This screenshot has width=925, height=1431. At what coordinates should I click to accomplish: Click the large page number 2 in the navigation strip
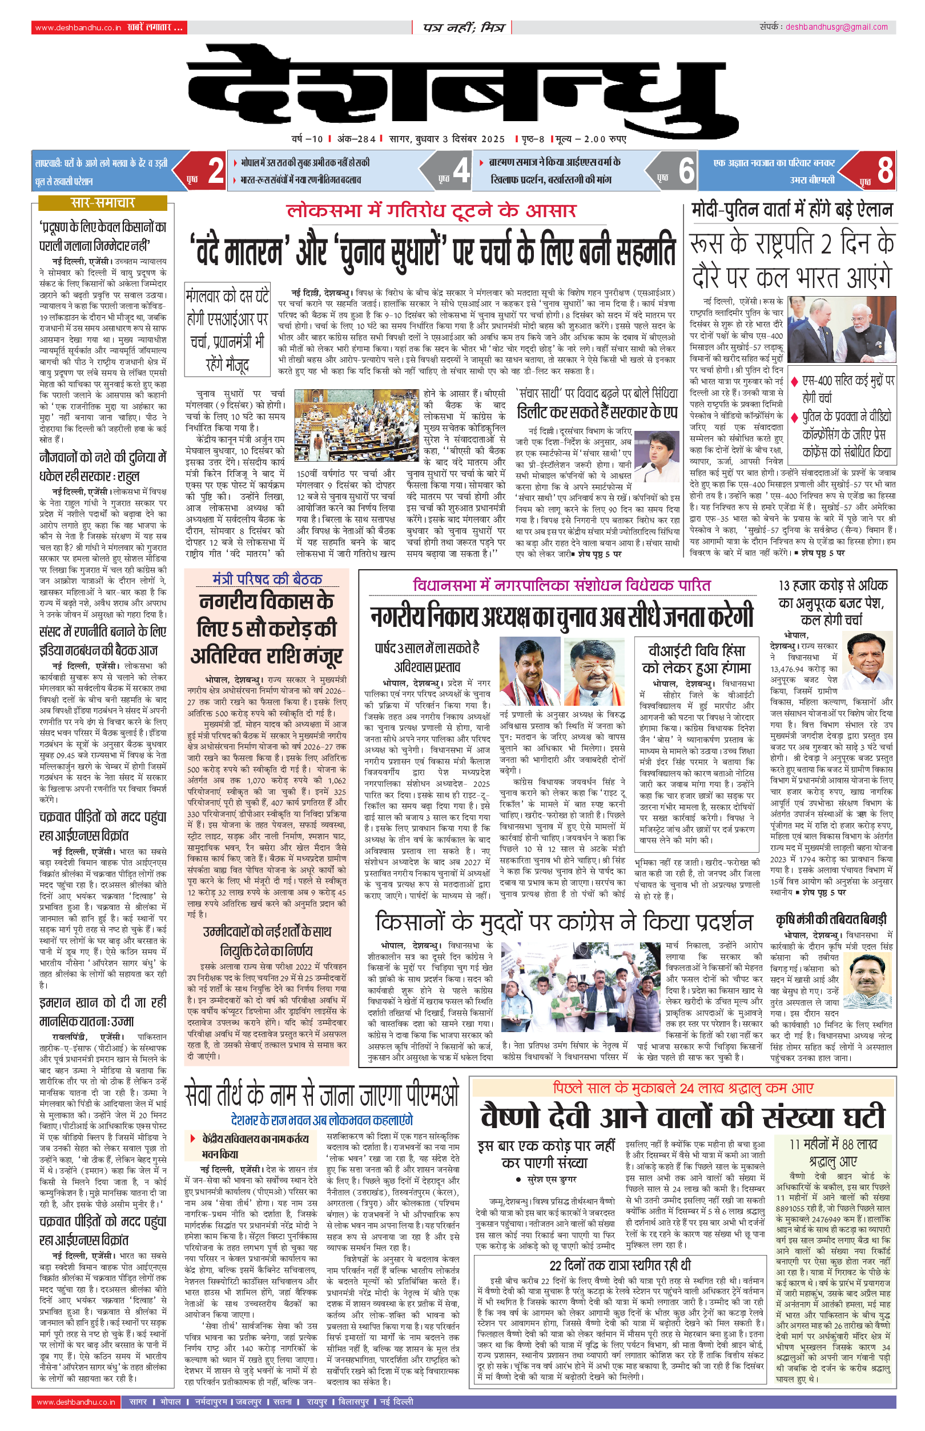click(216, 171)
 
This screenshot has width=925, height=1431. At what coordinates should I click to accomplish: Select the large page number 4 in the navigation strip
click(461, 171)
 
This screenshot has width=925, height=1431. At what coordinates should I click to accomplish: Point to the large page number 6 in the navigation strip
click(686, 171)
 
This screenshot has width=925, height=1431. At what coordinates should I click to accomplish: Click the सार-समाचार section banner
click(103, 202)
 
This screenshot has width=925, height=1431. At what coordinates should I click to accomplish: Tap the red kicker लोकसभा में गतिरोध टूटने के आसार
click(431, 210)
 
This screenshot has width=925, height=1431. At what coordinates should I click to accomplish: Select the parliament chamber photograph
click(356, 425)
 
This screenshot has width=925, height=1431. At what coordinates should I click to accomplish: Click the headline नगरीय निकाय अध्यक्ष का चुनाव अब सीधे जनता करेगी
click(561, 616)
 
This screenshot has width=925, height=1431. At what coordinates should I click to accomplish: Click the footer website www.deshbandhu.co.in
click(76, 1402)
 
